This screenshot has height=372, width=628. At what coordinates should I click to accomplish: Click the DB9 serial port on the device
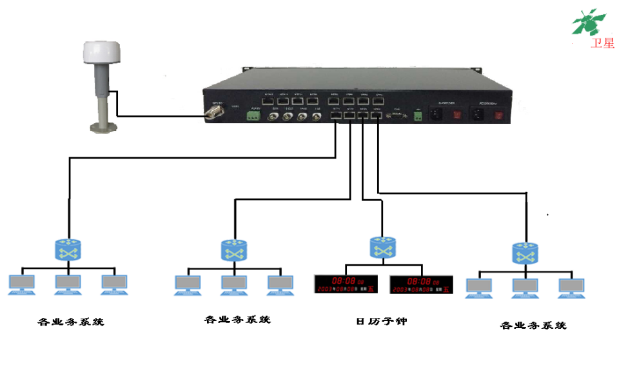coord(396,117)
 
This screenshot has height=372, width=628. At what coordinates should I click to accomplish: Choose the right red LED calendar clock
coord(420,284)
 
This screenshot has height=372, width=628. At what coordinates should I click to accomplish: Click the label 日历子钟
coord(382,321)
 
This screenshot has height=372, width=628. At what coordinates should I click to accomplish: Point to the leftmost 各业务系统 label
coord(70,322)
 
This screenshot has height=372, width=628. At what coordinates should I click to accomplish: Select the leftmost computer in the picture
coord(21,284)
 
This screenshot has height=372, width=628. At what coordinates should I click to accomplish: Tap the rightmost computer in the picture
coord(571,288)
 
